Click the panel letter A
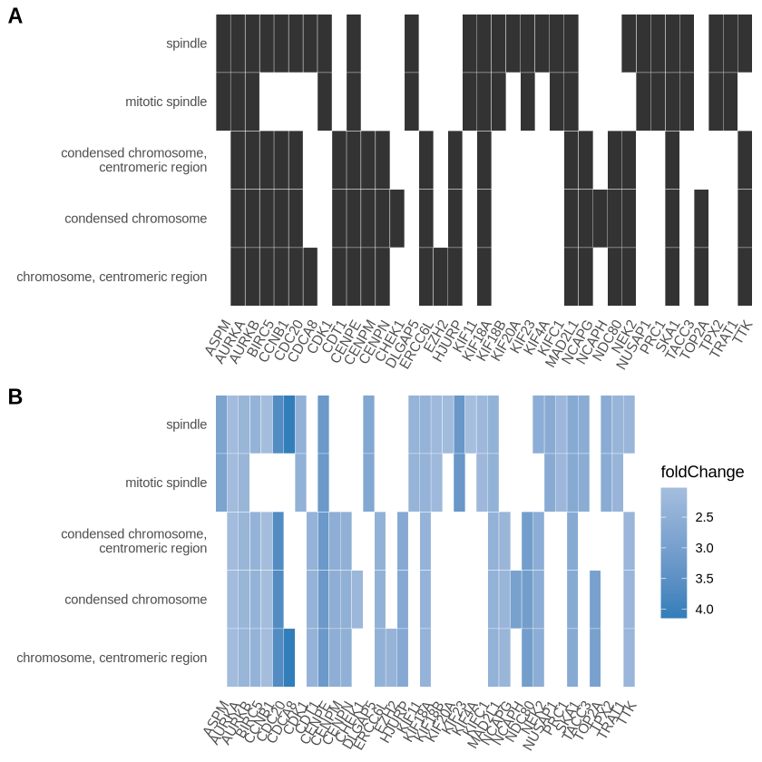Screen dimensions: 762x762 pyautogui.click(x=15, y=15)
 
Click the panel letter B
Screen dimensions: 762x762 pyautogui.click(x=15, y=396)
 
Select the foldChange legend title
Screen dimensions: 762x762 pyautogui.click(x=702, y=472)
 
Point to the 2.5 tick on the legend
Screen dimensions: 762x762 pyautogui.click(x=704, y=517)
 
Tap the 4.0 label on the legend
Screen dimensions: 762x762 pyautogui.click(x=704, y=609)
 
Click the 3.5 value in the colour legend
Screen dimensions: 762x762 pyautogui.click(x=704, y=578)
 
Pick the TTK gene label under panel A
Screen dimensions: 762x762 pyautogui.click(x=742, y=332)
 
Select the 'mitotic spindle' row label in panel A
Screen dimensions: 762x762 pyautogui.click(x=166, y=102)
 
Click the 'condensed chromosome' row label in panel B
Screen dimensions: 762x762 pyautogui.click(x=136, y=600)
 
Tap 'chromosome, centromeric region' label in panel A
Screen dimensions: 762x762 pyautogui.click(x=112, y=277)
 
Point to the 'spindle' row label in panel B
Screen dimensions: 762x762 pyautogui.click(x=187, y=425)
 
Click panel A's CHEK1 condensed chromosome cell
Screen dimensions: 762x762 pyautogui.click(x=397, y=218)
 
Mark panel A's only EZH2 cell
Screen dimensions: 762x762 pyautogui.click(x=441, y=277)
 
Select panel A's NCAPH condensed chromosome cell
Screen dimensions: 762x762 pyautogui.click(x=601, y=218)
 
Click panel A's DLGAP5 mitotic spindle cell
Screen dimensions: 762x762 pyautogui.click(x=412, y=102)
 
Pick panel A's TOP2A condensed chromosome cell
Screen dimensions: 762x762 pyautogui.click(x=701, y=218)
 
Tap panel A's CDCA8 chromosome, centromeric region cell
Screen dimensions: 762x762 pyautogui.click(x=310, y=277)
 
